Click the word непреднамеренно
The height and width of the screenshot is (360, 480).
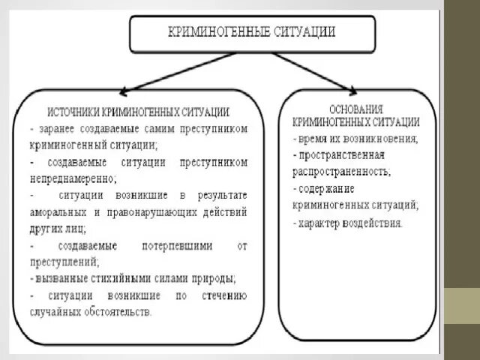click(73, 178)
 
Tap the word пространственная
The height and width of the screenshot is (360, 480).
click(343, 155)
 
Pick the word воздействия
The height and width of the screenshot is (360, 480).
click(375, 222)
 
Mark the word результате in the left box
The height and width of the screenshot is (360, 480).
click(223, 195)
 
